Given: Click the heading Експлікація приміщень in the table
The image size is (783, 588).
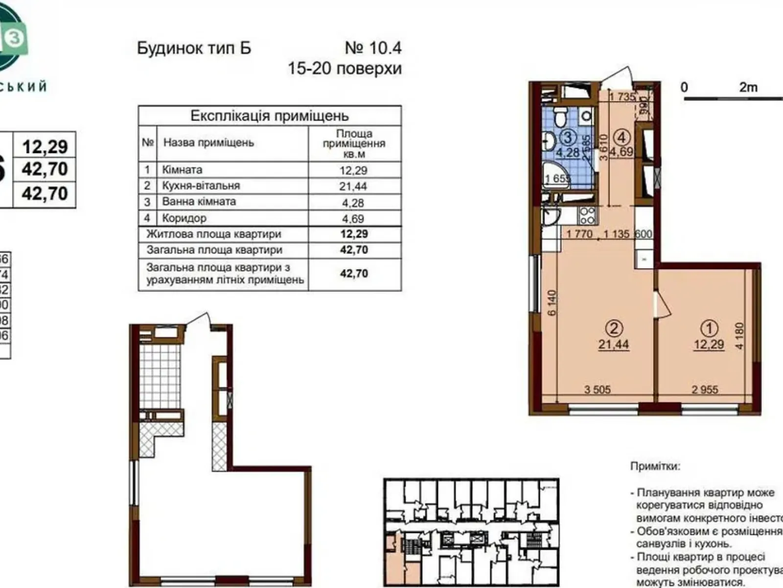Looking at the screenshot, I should (x=269, y=116).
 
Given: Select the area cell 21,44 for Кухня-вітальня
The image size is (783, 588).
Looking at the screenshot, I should (x=353, y=186).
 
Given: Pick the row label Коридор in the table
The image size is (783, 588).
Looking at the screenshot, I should (x=184, y=218).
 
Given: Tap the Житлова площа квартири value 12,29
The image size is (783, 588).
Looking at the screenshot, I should (x=354, y=234).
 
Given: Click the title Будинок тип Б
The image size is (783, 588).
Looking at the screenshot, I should (x=194, y=48).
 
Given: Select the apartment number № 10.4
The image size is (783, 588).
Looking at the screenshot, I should (x=373, y=48).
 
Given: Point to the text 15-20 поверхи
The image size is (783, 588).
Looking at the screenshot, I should (x=345, y=69).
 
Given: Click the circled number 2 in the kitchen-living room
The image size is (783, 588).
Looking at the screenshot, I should (x=614, y=327).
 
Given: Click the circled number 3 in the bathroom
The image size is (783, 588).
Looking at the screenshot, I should (x=567, y=138).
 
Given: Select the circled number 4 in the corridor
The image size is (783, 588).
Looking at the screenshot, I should (x=622, y=137).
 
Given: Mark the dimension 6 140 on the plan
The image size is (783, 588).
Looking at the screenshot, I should (x=552, y=302).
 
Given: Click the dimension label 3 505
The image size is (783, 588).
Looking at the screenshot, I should (x=597, y=390).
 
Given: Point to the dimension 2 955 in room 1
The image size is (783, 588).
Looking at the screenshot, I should (x=705, y=390).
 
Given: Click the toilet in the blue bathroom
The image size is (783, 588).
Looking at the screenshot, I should (x=560, y=117).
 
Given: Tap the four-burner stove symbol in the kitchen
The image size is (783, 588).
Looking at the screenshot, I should (x=587, y=215).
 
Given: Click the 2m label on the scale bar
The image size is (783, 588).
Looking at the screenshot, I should (x=748, y=88).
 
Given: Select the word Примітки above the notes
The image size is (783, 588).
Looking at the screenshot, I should (x=655, y=466).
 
